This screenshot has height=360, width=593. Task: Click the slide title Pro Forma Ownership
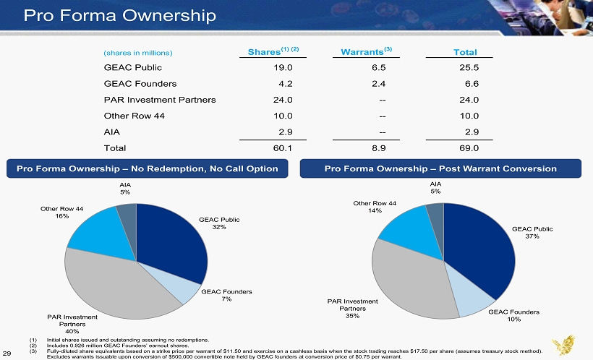click(x=119, y=15)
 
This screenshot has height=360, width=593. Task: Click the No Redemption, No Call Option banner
click(x=148, y=168)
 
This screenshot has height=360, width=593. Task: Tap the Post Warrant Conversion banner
click(x=440, y=168)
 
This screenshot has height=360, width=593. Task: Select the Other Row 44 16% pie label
click(x=62, y=212)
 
